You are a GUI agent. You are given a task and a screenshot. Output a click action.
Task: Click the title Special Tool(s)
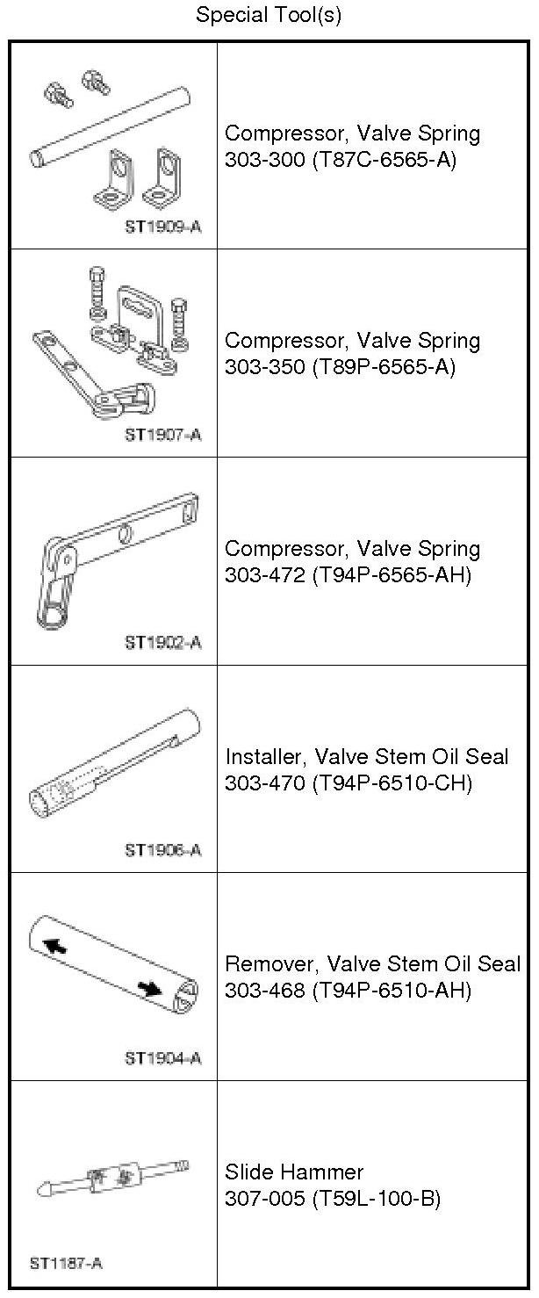(x=269, y=14)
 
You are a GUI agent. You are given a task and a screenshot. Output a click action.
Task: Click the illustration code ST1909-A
(x=163, y=227)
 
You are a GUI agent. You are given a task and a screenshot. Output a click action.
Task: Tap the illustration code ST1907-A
(x=163, y=435)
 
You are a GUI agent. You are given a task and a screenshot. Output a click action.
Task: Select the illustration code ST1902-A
(x=163, y=643)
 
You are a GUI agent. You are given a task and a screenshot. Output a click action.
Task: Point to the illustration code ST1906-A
(x=163, y=850)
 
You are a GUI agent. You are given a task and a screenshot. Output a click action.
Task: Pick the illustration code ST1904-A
(x=163, y=1058)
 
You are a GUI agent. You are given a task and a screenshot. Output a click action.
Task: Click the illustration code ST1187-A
(x=66, y=1263)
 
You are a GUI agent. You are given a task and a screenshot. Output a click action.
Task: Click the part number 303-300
(x=264, y=159)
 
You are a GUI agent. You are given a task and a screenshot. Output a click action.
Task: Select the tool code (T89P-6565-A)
(x=384, y=367)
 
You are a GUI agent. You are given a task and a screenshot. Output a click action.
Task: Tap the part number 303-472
(x=264, y=575)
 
